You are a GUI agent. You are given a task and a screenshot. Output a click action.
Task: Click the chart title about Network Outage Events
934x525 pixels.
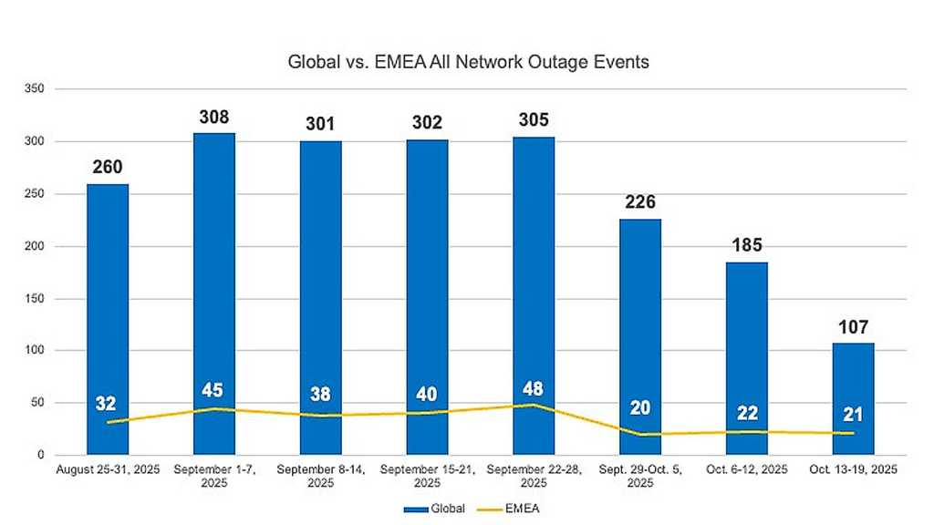pyautogui.click(x=467, y=63)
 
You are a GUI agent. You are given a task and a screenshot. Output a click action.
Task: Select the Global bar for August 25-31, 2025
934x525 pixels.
pyautogui.click(x=108, y=319)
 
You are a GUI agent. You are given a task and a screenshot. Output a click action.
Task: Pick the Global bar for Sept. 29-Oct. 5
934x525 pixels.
pyautogui.click(x=639, y=336)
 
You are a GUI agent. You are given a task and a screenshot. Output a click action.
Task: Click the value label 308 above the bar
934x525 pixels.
pyautogui.click(x=214, y=118)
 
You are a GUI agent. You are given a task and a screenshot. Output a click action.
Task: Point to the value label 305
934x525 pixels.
pyautogui.click(x=534, y=120)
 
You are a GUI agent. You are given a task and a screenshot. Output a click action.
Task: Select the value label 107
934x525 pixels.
pyautogui.click(x=853, y=327)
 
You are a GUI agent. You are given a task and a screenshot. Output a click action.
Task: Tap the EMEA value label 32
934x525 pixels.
pyautogui.click(x=108, y=404)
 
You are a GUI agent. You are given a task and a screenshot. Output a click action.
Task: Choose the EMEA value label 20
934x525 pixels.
pyautogui.click(x=639, y=407)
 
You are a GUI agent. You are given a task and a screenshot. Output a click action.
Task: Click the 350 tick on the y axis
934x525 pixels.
pyautogui.click(x=36, y=89)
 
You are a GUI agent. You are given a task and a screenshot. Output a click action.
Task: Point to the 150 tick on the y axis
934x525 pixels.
pyautogui.click(x=36, y=299)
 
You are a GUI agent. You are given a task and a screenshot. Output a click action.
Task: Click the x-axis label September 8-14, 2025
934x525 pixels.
pyautogui.click(x=320, y=475)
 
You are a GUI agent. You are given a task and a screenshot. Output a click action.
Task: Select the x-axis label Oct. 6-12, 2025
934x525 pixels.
pyautogui.click(x=746, y=469)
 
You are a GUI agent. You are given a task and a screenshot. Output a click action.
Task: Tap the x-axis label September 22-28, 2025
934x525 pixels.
pyautogui.click(x=534, y=475)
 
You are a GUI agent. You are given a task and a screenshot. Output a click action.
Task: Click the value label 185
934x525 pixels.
pyautogui.click(x=746, y=245)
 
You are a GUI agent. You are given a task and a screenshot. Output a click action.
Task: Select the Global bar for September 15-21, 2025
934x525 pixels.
pyautogui.click(x=427, y=297)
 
